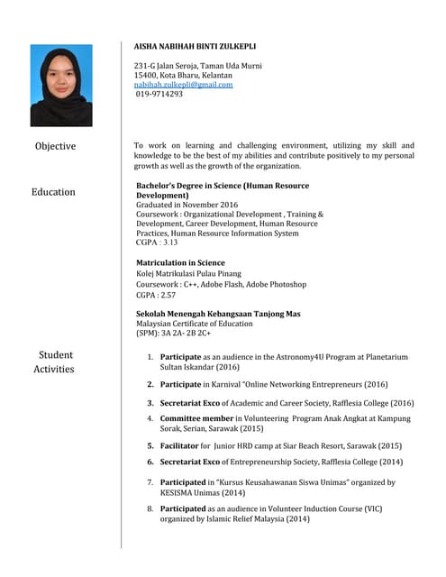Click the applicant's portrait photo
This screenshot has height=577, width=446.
click(61, 86)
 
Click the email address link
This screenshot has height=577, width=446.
click(183, 84)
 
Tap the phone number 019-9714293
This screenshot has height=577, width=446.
click(159, 94)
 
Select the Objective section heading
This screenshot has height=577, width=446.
click(55, 146)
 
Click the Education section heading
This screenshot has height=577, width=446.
click(53, 192)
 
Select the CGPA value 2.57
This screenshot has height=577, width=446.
click(167, 295)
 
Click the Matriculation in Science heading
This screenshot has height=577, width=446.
click(180, 262)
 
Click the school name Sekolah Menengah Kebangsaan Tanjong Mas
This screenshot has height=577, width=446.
click(218, 314)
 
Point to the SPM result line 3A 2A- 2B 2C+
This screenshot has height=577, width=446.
click(186, 334)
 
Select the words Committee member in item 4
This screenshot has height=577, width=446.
click(196, 418)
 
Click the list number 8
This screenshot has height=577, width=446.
click(150, 508)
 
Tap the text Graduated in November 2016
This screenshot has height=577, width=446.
click(187, 206)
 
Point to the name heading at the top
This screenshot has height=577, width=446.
click(194, 45)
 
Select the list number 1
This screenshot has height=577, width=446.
click(150, 357)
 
